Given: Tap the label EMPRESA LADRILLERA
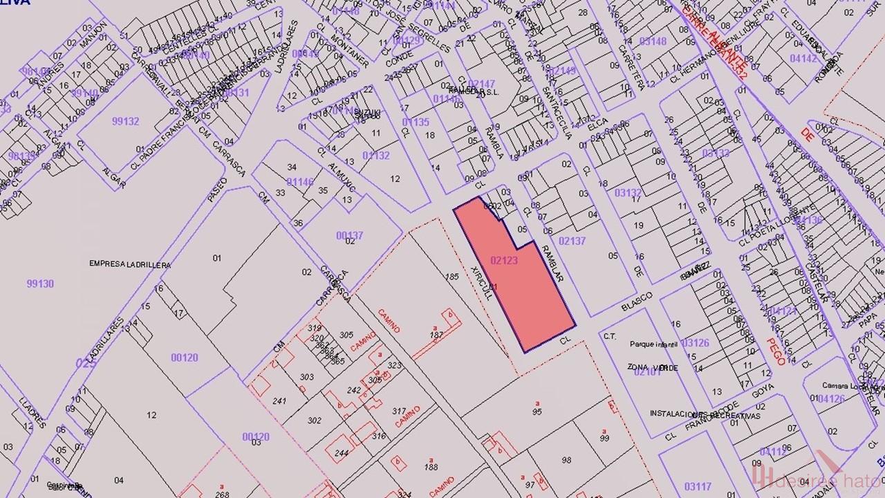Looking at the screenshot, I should click(130, 264).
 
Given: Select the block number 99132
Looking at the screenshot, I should click(125, 121).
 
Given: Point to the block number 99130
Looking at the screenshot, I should click(40, 284).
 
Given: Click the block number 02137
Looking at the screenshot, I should click(572, 241).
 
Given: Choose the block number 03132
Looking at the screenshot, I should click(628, 193).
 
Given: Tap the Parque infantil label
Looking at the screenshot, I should click(651, 344).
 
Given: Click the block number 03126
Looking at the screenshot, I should click(695, 342).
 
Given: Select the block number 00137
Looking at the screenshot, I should click(350, 236).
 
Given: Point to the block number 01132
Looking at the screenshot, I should click(376, 156).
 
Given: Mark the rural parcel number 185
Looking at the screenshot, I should click(452, 277).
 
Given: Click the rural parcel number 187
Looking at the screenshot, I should click(436, 335).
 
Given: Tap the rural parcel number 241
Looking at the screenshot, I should click(279, 401).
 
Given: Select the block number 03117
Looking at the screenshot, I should click(698, 486).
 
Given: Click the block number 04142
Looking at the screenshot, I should click(803, 59).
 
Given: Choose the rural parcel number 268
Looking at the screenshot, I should click(222, 494).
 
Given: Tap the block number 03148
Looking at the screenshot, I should click(653, 41).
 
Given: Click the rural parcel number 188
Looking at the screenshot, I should click(431, 468).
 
